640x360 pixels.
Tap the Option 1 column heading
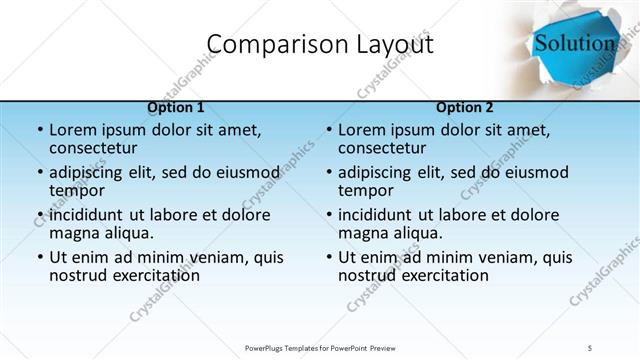pos(176,107)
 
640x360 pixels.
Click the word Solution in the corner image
pos(574,43)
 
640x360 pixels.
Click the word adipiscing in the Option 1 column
pos(93,172)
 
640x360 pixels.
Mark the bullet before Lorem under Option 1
pos(39,130)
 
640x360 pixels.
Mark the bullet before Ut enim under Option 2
pos(328,257)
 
